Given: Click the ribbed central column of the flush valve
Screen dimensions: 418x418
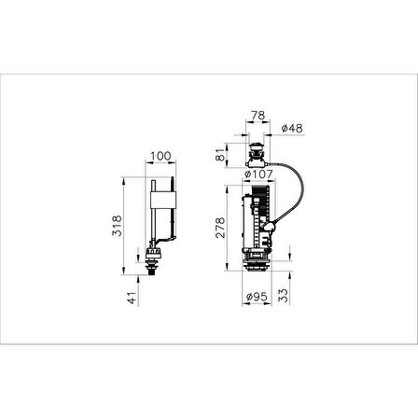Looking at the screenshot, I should (257, 219).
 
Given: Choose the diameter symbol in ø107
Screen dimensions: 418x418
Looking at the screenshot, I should (246, 174).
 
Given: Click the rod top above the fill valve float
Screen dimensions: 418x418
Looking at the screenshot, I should (151, 171).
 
